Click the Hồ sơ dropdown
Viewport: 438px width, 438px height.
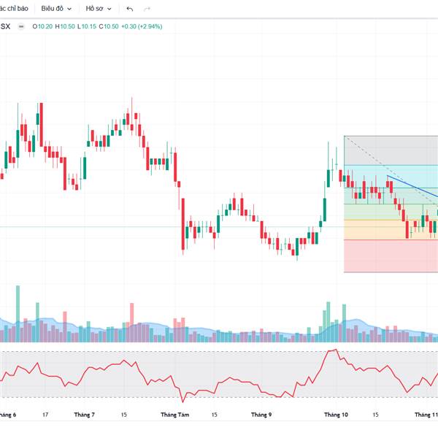tap(99, 9)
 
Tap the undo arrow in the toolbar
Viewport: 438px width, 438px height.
tap(129, 9)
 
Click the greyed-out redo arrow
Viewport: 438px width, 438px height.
tap(147, 9)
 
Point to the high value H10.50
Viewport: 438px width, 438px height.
tap(68, 26)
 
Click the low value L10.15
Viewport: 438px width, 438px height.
tap(88, 26)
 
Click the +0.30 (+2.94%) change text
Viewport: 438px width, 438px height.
tap(142, 26)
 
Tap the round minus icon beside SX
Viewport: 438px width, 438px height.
tap(21, 26)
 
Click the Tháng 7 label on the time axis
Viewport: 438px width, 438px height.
tap(84, 415)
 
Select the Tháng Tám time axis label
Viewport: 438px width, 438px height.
tap(174, 415)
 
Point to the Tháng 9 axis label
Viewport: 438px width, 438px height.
tap(261, 415)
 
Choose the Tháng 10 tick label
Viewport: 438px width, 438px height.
tap(336, 415)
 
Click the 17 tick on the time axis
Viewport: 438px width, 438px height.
tap(45, 415)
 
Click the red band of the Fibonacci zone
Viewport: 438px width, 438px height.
tap(391, 255)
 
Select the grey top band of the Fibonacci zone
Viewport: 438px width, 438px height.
tap(391, 150)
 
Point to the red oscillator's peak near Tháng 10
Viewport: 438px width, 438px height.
tap(334, 350)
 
